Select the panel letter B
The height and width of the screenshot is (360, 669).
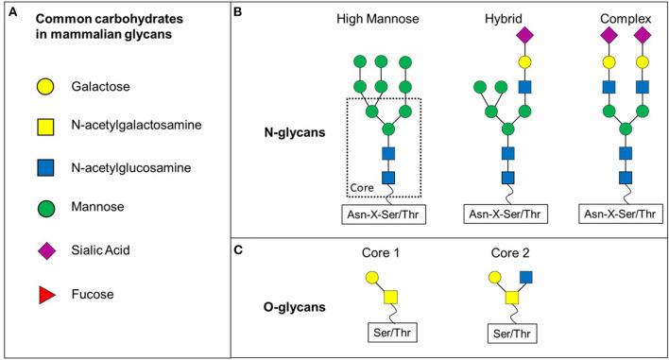[x=238, y=11]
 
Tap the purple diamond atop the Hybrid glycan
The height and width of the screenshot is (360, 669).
[x=523, y=35]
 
